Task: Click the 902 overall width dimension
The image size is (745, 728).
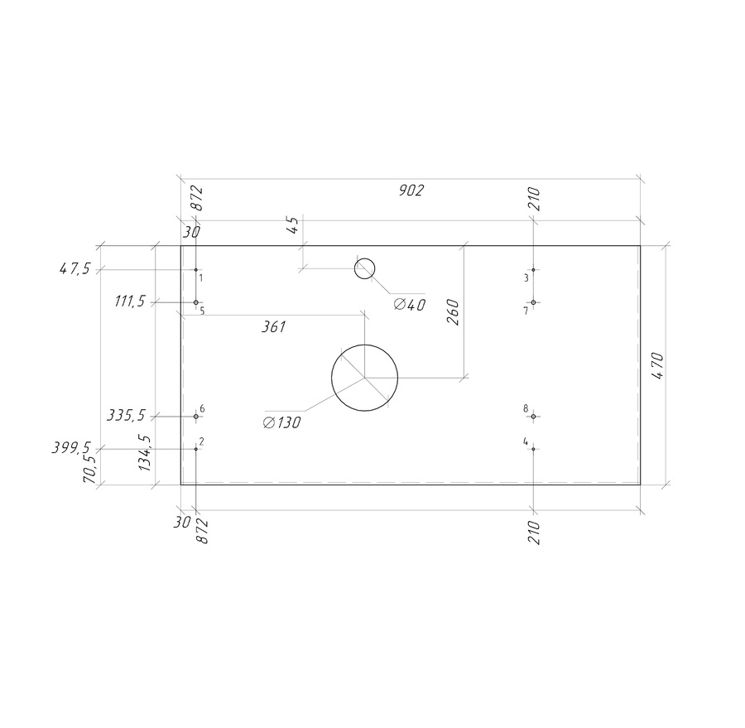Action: [411, 190]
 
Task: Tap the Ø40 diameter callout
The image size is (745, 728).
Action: [410, 304]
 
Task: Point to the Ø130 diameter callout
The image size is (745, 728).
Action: [281, 422]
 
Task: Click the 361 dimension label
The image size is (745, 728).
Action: [274, 326]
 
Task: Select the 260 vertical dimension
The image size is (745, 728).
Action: [453, 312]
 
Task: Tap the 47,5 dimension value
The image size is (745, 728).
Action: [74, 269]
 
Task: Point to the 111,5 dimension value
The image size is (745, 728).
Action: [130, 301]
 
